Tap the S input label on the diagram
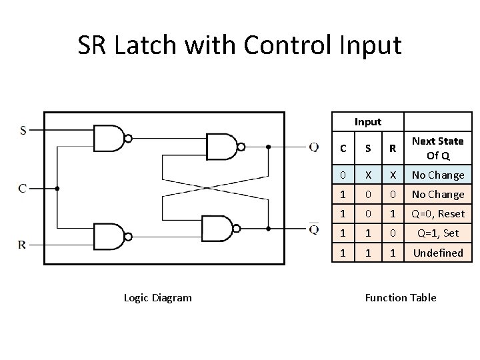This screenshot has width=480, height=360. (x=23, y=130)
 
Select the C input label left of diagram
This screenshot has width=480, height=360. (x=23, y=189)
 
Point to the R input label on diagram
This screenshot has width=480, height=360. (x=23, y=245)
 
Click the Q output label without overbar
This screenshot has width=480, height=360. (x=313, y=147)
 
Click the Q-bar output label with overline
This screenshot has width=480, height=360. (x=313, y=229)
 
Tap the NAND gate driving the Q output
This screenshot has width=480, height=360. (x=222, y=147)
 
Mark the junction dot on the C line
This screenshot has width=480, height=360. (x=57, y=189)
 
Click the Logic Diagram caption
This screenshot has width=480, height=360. (x=157, y=297)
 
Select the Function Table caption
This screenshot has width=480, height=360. (x=401, y=297)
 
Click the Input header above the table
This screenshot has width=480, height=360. (x=368, y=121)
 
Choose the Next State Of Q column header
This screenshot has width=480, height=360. (x=437, y=148)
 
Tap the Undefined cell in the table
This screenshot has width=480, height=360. (x=437, y=253)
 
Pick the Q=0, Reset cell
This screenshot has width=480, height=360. (x=437, y=214)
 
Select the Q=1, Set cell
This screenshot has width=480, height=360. (x=437, y=233)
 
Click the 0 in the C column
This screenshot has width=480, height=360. (x=343, y=175)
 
